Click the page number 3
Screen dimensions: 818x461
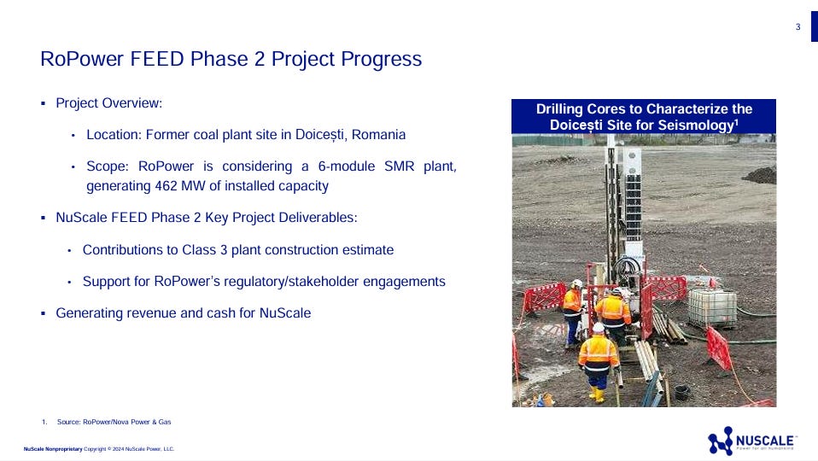pos(798,27)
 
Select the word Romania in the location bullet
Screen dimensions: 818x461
pos(378,135)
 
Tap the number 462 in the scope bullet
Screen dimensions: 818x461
pos(166,186)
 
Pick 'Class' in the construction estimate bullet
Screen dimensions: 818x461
pos(199,250)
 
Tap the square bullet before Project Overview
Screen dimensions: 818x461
pos(44,104)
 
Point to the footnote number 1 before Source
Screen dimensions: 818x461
pos(44,422)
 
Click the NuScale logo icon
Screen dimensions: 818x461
pos(721,441)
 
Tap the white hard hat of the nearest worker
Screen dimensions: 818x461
pos(599,328)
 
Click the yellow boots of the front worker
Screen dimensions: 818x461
pos(597,394)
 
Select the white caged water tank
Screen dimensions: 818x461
pos(712,307)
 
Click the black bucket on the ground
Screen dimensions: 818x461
pos(681,392)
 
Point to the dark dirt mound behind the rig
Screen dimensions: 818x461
pos(760,175)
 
